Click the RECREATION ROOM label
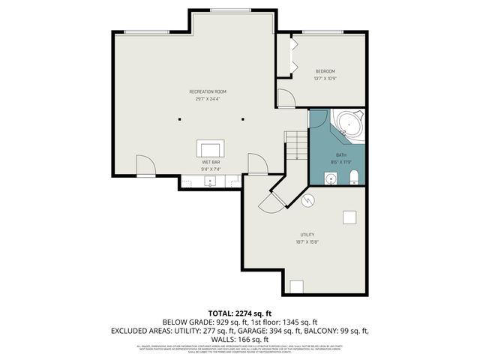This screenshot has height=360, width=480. (x=211, y=91)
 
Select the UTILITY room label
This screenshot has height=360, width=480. (x=307, y=235)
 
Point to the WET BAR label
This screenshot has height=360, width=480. (x=211, y=162)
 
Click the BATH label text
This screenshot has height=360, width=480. (x=341, y=154)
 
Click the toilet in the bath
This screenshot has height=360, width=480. (x=355, y=177)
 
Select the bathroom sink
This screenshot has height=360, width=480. (x=331, y=178)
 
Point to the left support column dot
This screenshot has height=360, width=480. (x=179, y=118)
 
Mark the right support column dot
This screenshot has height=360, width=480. (x=242, y=118)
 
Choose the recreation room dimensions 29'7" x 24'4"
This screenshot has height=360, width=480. (x=211, y=99)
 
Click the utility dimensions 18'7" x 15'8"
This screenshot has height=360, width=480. (x=307, y=242)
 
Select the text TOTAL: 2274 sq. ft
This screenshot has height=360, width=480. (x=239, y=313)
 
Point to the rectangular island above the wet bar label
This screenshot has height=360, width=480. (x=211, y=148)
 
